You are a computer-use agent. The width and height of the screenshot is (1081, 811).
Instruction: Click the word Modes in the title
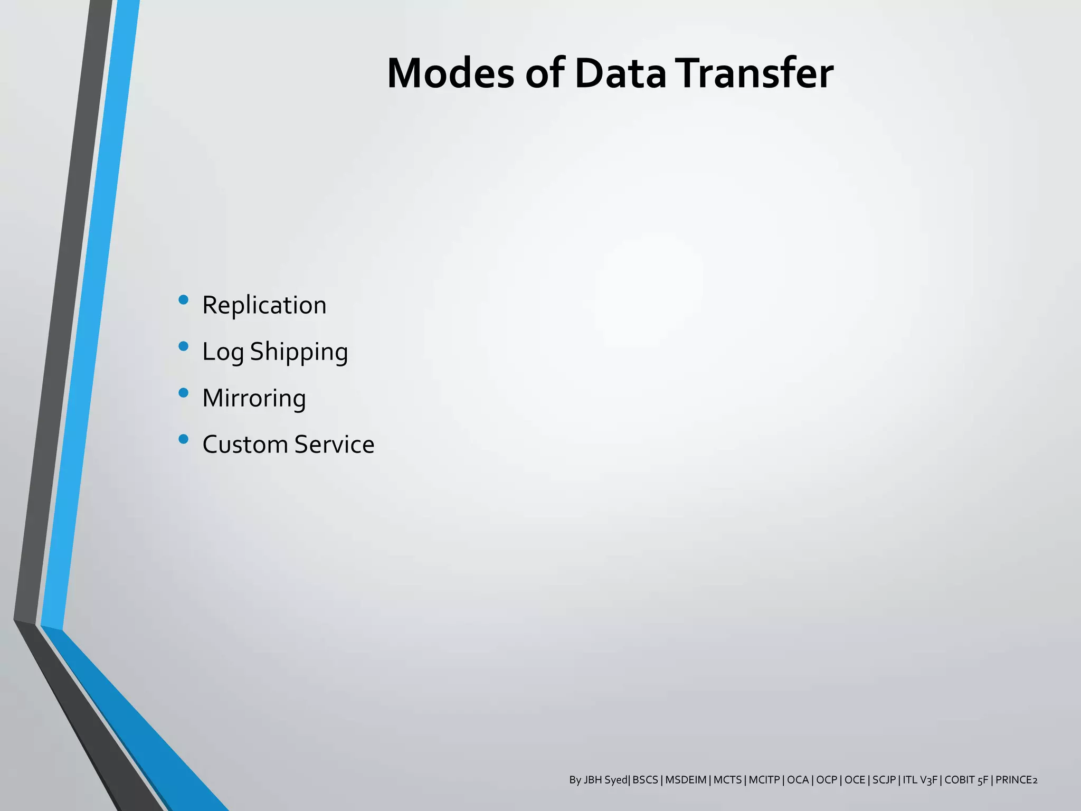tap(450, 73)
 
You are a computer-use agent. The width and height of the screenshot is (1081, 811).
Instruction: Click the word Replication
tap(264, 305)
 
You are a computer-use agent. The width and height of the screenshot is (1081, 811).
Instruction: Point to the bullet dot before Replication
tap(184, 300)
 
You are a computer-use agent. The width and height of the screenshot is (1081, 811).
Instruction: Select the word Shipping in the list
tap(299, 352)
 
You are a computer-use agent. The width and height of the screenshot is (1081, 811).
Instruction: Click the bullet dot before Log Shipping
tap(184, 346)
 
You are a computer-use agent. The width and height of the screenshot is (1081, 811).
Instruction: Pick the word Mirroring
tap(254, 398)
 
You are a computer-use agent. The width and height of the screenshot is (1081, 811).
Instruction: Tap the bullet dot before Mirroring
tap(184, 393)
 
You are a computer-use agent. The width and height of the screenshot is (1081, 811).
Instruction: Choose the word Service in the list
tap(334, 445)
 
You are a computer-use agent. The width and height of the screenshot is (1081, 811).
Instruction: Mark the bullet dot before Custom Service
tap(184, 439)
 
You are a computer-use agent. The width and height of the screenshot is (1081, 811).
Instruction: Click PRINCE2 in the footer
tap(1016, 780)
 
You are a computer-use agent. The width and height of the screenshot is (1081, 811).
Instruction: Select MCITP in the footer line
tap(764, 780)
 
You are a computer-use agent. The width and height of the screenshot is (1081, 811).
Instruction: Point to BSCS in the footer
tap(645, 780)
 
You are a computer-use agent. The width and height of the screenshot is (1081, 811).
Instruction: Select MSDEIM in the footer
tap(686, 780)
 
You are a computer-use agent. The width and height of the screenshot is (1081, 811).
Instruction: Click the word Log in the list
tap(223, 352)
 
